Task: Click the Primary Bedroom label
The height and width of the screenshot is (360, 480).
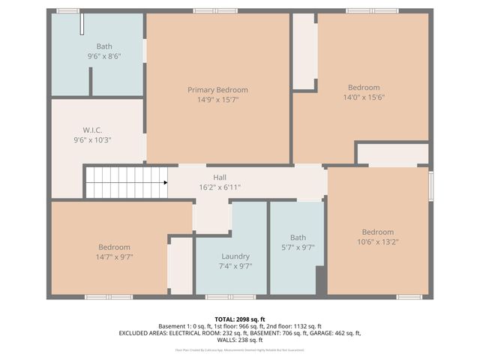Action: pos(217,90)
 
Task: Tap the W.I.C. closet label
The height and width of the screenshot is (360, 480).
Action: pos(92,130)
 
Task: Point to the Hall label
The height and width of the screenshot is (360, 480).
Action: pos(220,178)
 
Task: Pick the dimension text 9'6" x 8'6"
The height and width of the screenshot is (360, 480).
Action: pos(104,56)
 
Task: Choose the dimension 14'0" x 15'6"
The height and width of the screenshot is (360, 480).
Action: pos(364,97)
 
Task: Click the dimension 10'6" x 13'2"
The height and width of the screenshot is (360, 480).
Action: pos(377,241)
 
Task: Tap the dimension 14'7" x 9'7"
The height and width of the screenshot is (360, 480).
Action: pos(114,256)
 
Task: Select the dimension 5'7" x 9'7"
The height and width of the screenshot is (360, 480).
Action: pos(298,247)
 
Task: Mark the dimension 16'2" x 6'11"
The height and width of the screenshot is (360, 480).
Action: pos(220,187)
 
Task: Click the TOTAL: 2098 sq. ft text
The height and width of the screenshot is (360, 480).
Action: pos(240,319)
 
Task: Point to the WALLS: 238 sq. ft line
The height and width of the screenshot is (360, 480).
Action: pos(240,340)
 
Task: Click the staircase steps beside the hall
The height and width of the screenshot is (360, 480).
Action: pos(124,182)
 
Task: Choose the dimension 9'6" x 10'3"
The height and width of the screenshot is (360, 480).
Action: pos(92,139)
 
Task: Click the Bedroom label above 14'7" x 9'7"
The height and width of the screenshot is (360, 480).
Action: pos(114,247)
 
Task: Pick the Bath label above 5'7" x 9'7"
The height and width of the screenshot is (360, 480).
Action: pos(298,238)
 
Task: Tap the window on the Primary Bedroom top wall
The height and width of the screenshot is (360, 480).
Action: pos(214,11)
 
